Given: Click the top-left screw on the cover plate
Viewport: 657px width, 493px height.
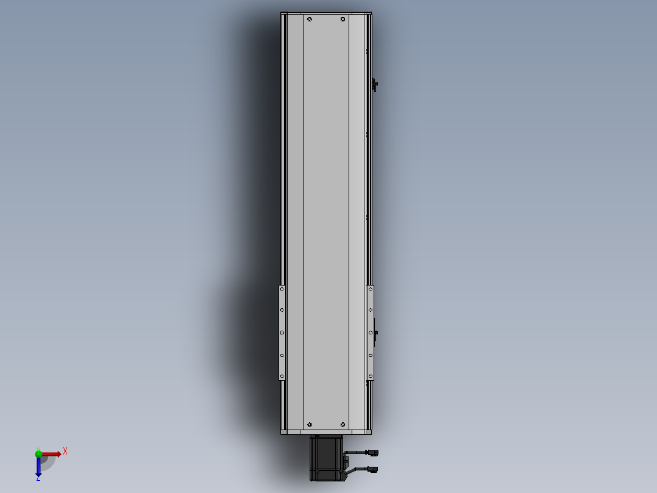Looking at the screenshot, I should [310, 20].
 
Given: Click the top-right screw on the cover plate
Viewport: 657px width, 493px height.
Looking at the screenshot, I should [343, 20].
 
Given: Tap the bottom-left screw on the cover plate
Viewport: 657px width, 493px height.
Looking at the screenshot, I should [310, 425].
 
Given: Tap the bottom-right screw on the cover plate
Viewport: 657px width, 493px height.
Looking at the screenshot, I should [343, 425].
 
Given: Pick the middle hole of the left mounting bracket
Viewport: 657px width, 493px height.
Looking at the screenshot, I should [282, 333].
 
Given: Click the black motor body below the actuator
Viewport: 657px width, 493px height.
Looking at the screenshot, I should [326, 458].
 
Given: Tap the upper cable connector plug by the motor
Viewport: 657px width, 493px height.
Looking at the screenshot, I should [372, 453].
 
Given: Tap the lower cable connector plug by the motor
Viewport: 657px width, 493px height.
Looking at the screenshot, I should [372, 469].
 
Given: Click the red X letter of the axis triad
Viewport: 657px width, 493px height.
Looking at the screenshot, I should [65, 451].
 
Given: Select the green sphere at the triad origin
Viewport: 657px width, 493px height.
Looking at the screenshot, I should [38, 453].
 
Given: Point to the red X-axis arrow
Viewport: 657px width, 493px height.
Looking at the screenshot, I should [52, 454].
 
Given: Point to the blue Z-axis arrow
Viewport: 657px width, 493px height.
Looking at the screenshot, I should [38, 467].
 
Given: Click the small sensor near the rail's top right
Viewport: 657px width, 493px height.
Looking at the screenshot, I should [375, 85].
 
